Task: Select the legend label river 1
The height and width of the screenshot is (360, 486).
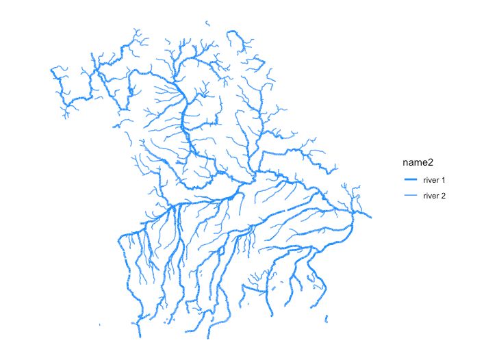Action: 435,180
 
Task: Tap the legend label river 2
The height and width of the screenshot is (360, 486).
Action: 435,196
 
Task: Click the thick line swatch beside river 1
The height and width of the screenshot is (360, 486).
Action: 410,180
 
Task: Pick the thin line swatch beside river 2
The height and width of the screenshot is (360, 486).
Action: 410,196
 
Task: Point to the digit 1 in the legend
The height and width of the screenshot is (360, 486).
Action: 444,180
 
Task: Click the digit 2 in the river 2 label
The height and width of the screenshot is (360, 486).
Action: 444,196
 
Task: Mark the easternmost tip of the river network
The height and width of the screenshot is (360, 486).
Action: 372,217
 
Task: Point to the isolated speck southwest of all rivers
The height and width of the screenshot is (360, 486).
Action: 100,324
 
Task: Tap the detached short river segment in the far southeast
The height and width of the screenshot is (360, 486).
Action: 327,318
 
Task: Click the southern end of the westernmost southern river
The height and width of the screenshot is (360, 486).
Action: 139,335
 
